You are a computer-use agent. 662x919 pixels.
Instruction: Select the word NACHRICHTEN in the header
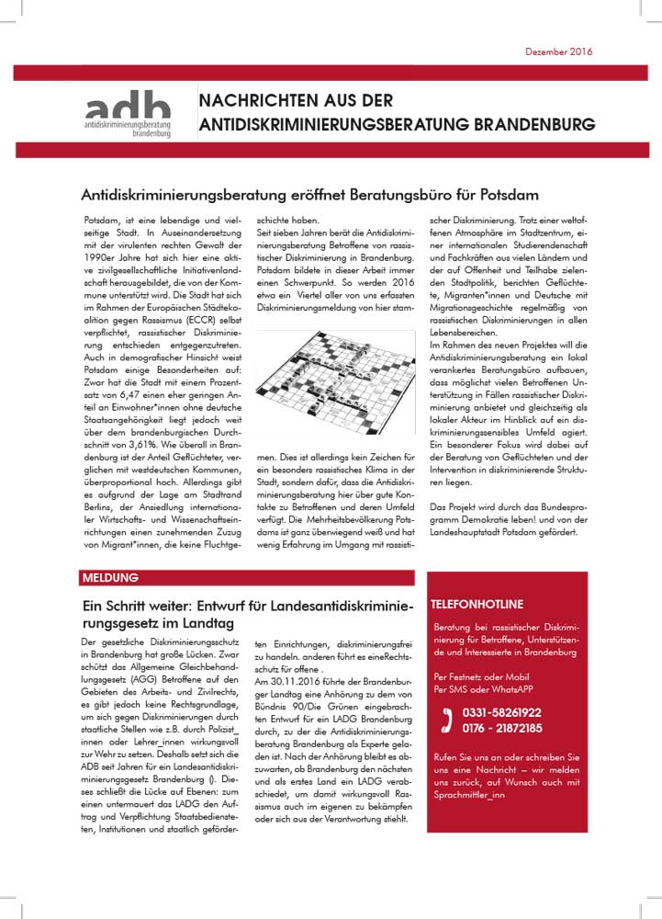tap(252, 101)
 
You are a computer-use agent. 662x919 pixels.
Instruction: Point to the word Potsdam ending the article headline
tap(510, 195)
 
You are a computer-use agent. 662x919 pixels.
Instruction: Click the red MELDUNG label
tap(110, 578)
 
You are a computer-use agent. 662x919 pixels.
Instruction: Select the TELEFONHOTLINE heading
tap(477, 604)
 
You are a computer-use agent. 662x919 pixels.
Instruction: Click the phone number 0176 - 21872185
tap(501, 727)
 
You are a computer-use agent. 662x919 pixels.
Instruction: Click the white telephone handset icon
tap(447, 720)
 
